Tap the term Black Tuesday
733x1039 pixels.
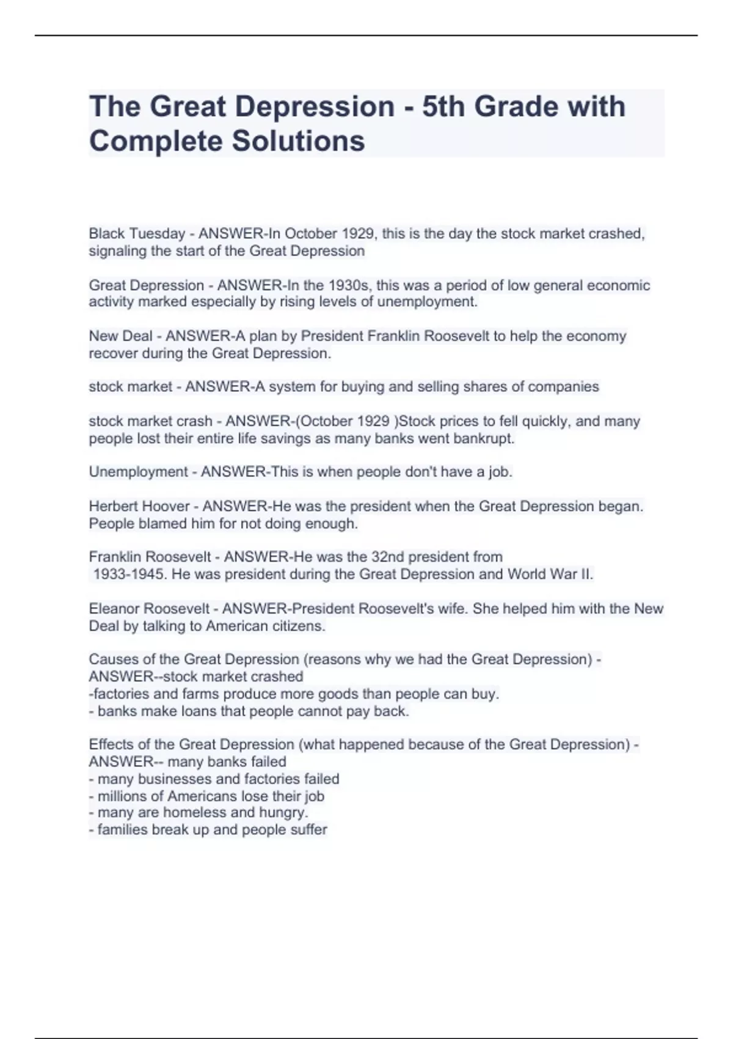click(x=137, y=234)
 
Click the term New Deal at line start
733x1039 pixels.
click(x=120, y=336)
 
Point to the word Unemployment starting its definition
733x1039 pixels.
click(x=138, y=472)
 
